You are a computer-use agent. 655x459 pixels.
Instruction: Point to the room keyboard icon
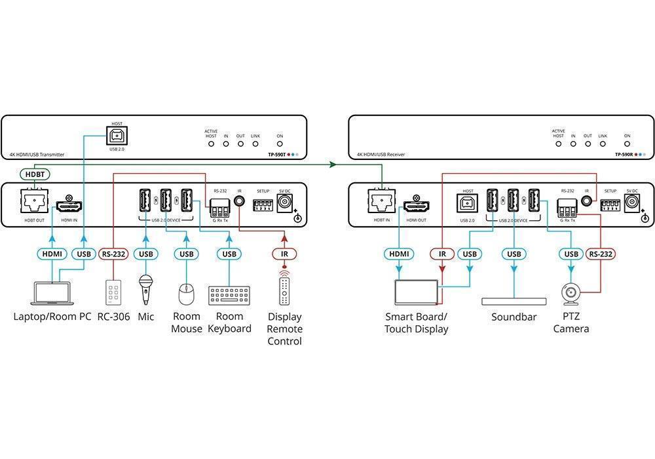(229, 295)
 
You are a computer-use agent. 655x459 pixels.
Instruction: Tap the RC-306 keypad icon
(113, 292)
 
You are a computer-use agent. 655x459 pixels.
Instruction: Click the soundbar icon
(514, 301)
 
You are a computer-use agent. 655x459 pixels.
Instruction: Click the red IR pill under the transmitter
(284, 254)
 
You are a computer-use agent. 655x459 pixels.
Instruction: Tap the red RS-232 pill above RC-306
(113, 254)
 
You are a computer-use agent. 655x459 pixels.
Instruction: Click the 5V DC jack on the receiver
(631, 204)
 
